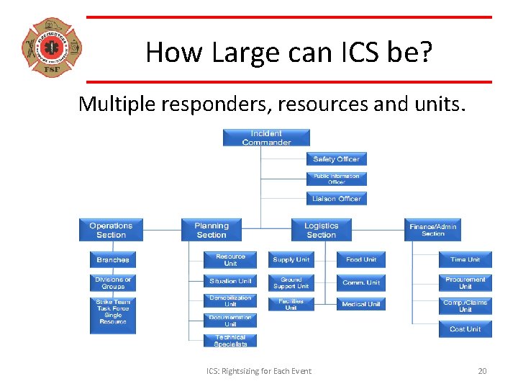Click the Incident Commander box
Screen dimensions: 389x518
click(x=266, y=138)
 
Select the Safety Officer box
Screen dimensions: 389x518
click(x=337, y=159)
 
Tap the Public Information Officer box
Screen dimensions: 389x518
click(x=337, y=179)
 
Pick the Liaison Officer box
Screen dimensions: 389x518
click(x=337, y=199)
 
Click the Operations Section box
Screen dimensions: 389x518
click(x=111, y=230)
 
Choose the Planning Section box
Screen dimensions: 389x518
click(x=212, y=230)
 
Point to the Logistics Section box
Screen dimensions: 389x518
click(x=321, y=230)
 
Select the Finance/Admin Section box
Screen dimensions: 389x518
click(x=433, y=230)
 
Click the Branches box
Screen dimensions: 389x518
click(x=113, y=259)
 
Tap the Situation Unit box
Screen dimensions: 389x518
click(x=230, y=281)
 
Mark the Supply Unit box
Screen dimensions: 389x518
click(x=291, y=259)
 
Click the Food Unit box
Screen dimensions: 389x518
click(x=361, y=259)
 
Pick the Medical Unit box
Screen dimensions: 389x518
click(x=361, y=304)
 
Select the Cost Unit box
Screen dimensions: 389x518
click(x=465, y=328)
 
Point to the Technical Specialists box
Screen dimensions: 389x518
click(x=230, y=340)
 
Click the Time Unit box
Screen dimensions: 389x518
click(x=465, y=259)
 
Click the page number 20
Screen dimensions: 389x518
click(x=482, y=371)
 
